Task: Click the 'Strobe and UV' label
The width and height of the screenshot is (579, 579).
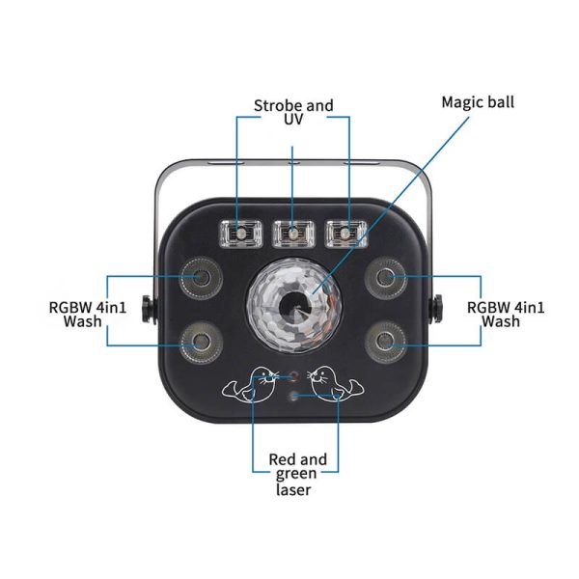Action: point(293,111)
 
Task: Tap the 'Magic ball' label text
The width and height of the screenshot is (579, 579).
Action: point(478,101)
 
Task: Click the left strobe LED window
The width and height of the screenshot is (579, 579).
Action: point(239,234)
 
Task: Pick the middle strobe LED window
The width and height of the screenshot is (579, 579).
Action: point(291,234)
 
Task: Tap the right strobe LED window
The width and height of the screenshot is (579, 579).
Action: point(343,234)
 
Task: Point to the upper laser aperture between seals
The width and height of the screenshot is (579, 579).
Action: point(292,375)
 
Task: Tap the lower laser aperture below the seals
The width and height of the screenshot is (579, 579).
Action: point(292,396)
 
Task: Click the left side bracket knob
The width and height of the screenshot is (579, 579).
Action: point(147,310)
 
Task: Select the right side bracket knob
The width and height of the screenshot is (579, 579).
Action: point(436,310)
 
